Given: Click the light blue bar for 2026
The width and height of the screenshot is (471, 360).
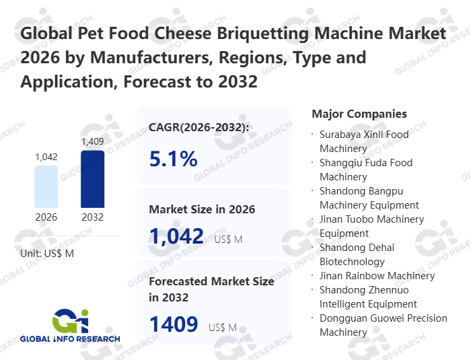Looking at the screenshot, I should point(46,186).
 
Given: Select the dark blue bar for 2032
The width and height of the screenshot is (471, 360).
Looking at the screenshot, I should point(92,178).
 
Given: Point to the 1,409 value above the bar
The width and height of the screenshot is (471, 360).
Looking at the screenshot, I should point(92,141).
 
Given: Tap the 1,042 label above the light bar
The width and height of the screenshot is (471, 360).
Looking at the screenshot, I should point(46,157).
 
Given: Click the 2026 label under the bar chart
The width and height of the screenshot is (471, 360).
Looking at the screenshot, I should point(46,217).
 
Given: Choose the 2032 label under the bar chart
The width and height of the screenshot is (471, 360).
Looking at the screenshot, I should point(92,217).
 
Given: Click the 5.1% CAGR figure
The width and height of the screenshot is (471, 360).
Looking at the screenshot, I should point(173,159).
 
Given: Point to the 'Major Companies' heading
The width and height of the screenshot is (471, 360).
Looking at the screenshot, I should point(359,114).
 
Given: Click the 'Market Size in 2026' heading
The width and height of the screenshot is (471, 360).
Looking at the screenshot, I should point(202,209).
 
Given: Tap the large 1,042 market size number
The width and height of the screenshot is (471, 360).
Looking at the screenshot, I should point(176,236).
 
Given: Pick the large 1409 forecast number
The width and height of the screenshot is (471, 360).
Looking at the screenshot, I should point(174,324).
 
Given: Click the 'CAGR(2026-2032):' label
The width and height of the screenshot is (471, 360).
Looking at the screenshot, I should point(199,127).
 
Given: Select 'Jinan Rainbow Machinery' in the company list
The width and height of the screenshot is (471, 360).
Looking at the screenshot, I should point(377,275).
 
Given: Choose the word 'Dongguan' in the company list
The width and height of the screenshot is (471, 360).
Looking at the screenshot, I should point(344,318).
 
